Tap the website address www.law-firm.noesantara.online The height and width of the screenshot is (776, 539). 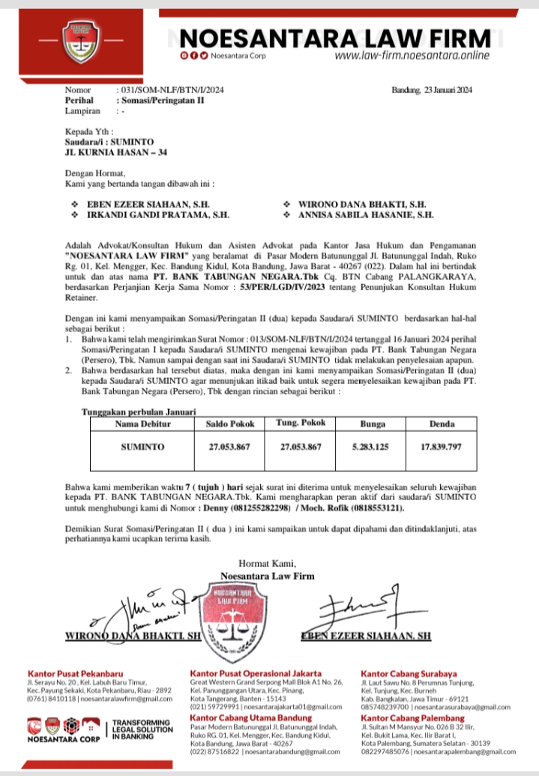[412, 55]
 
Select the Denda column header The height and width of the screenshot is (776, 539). [442, 424]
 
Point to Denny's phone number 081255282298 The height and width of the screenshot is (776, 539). [257, 508]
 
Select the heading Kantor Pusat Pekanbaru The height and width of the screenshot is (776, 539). [76, 674]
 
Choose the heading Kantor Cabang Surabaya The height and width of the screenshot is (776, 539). [409, 674]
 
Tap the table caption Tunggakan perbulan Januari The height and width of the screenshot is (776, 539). [139, 412]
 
